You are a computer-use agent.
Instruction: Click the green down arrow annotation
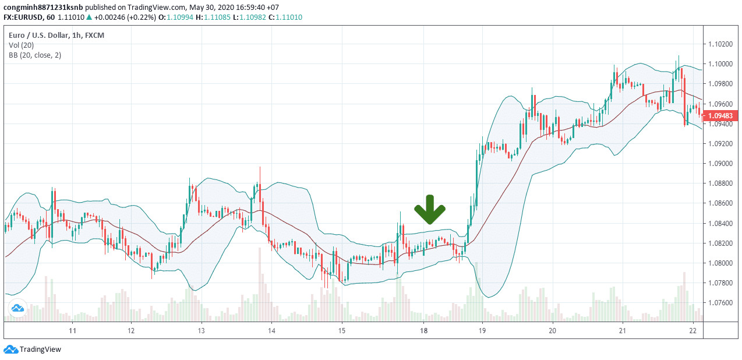[x=430, y=210]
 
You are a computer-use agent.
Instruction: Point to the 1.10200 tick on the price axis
[x=720, y=44]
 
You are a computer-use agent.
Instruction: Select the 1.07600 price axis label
[x=720, y=303]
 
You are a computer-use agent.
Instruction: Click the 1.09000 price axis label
[x=720, y=164]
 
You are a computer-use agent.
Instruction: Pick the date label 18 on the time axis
[x=424, y=331]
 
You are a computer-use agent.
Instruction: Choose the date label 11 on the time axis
[x=73, y=331]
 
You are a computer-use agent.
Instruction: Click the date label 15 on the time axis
[x=342, y=331]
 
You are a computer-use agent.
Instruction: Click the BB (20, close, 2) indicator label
[x=35, y=55]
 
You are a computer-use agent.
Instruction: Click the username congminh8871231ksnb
[x=43, y=7]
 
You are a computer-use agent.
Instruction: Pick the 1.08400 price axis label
[x=720, y=224]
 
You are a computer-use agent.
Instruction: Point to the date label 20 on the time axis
[x=552, y=331]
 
